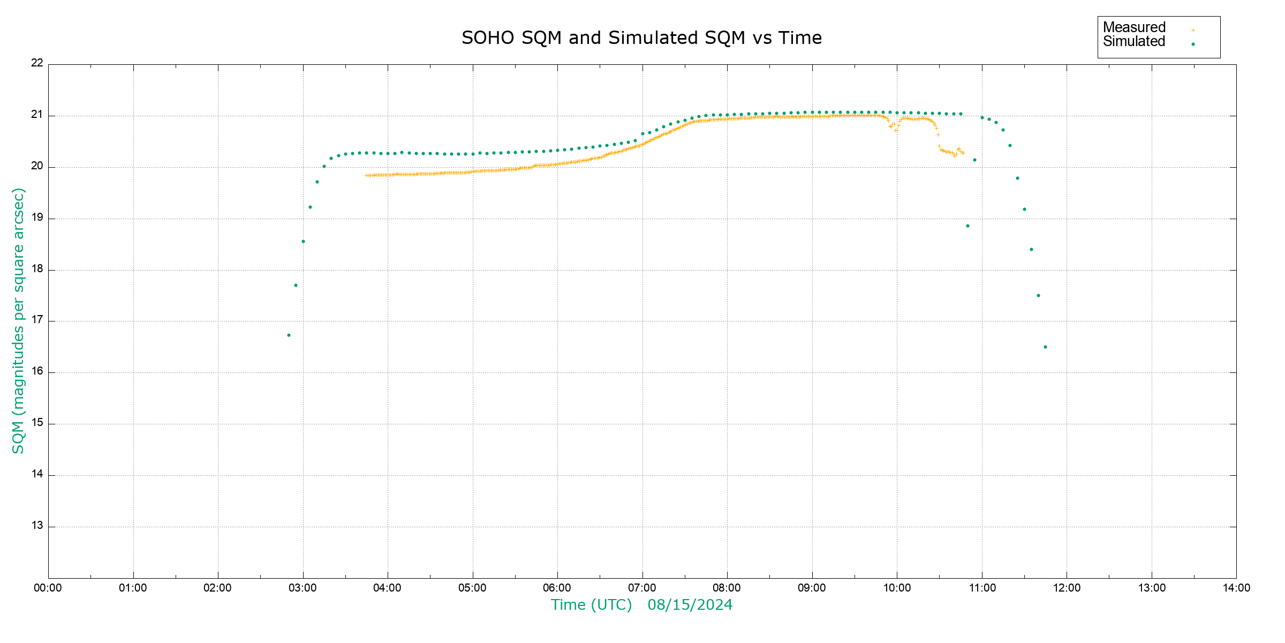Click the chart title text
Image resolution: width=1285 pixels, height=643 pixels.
pos(641,38)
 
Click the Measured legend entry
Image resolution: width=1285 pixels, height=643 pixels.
pos(1134,27)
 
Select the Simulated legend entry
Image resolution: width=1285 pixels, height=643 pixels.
pos(1134,42)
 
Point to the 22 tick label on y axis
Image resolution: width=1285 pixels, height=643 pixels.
pos(37,63)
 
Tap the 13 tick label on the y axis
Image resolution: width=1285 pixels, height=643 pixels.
pos(37,526)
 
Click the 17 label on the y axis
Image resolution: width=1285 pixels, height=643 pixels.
pos(37,320)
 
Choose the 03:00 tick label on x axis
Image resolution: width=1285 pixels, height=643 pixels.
pos(303,588)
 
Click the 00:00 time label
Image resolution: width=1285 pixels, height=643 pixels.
pos(48,588)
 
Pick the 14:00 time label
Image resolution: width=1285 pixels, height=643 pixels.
pos(1236,588)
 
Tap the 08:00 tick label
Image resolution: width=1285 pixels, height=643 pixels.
pos(727,588)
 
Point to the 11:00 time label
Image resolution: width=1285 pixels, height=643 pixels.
pos(982,588)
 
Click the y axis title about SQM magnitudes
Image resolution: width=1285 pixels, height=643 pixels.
pos(19,320)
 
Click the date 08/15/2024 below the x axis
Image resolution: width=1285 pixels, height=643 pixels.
pos(690,605)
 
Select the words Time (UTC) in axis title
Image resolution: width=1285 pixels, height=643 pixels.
pos(591,605)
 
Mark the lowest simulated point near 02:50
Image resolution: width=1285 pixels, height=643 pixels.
pos(289,335)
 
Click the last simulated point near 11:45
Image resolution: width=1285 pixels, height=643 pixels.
pos(1045,347)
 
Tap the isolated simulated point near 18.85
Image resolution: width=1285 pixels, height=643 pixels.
pos(967,226)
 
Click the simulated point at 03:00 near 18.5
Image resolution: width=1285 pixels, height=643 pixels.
pos(303,242)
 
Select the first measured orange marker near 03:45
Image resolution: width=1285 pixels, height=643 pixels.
pos(366,175)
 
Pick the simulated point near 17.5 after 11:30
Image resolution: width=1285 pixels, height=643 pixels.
pos(1038,296)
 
